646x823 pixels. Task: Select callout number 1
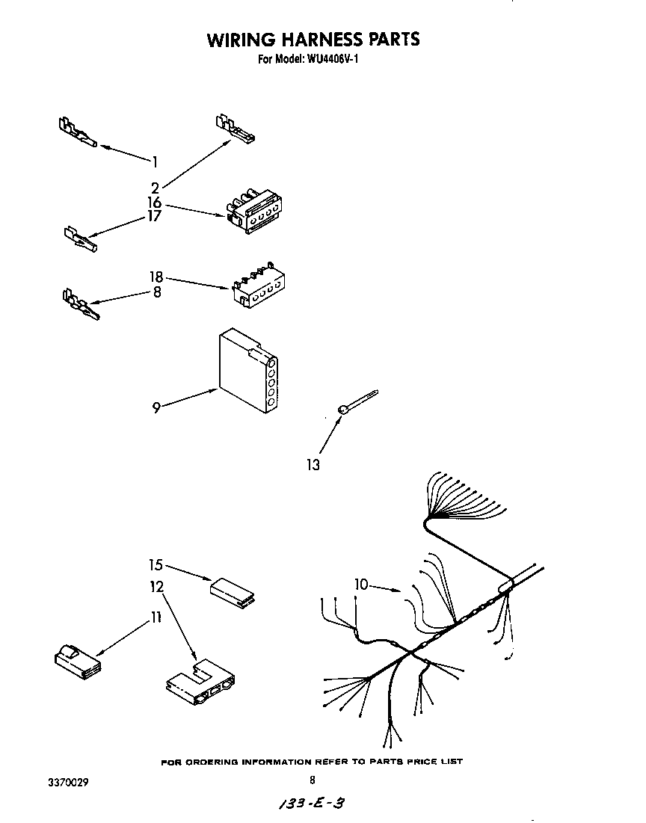(x=155, y=160)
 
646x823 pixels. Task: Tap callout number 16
(x=155, y=202)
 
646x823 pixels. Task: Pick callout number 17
(x=155, y=216)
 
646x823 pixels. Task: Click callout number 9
(x=156, y=407)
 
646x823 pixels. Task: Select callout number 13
(x=313, y=465)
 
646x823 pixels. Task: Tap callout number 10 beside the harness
(x=362, y=585)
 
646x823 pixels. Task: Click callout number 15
(x=155, y=566)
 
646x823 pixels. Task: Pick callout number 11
(x=156, y=617)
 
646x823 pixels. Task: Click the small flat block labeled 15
(x=233, y=591)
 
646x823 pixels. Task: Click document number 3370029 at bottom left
(x=65, y=782)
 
